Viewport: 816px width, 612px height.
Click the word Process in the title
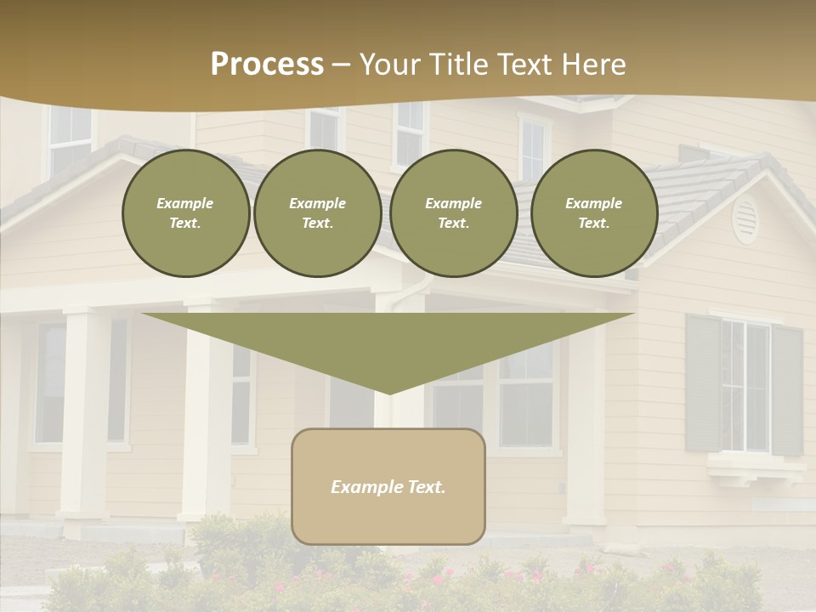(267, 65)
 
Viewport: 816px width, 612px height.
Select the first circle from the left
(185, 213)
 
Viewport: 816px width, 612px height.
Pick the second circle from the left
(317, 213)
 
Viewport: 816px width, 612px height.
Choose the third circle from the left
(453, 213)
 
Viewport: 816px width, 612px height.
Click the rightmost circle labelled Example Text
(593, 213)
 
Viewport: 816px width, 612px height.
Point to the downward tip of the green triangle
(389, 391)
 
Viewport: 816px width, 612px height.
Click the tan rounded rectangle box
(388, 486)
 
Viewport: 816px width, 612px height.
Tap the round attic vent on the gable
(745, 219)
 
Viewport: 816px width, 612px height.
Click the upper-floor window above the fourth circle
(533, 149)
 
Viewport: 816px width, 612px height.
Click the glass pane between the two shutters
(745, 387)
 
